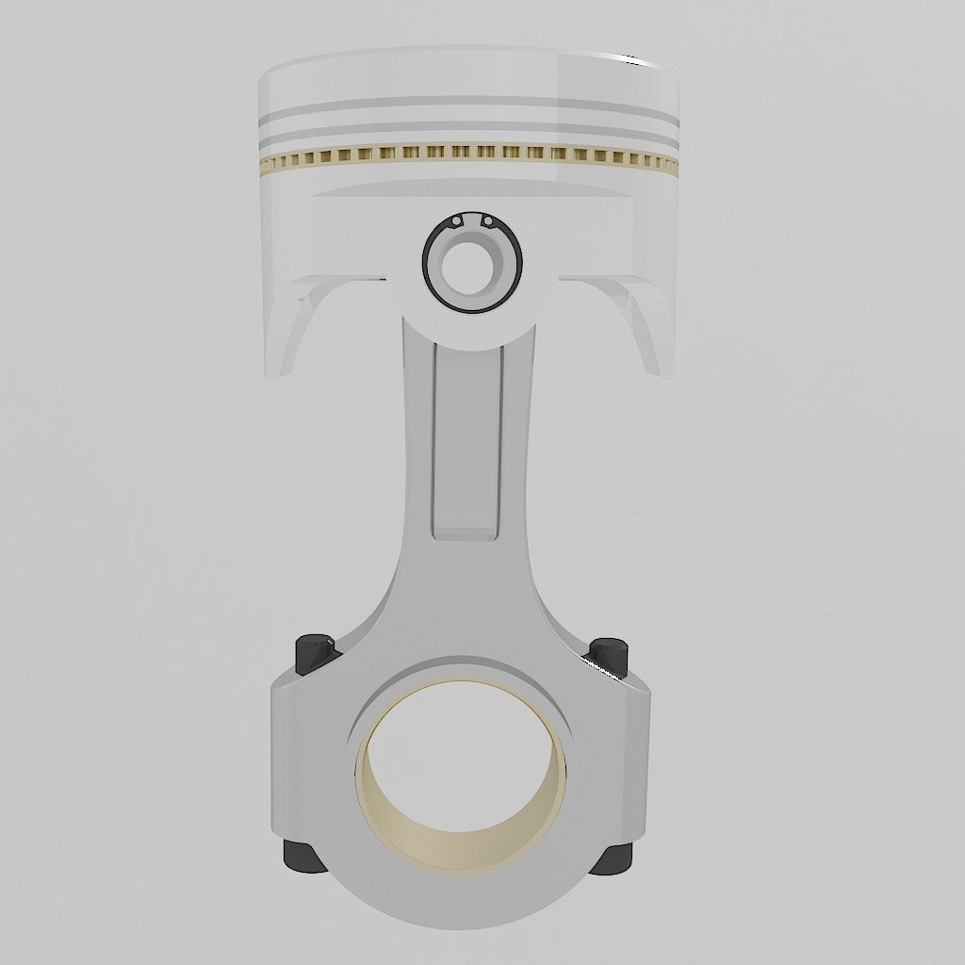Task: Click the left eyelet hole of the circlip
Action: click(x=456, y=221)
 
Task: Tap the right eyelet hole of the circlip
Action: click(x=488, y=221)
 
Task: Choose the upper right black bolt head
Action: click(x=609, y=656)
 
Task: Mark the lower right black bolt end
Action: click(x=613, y=858)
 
